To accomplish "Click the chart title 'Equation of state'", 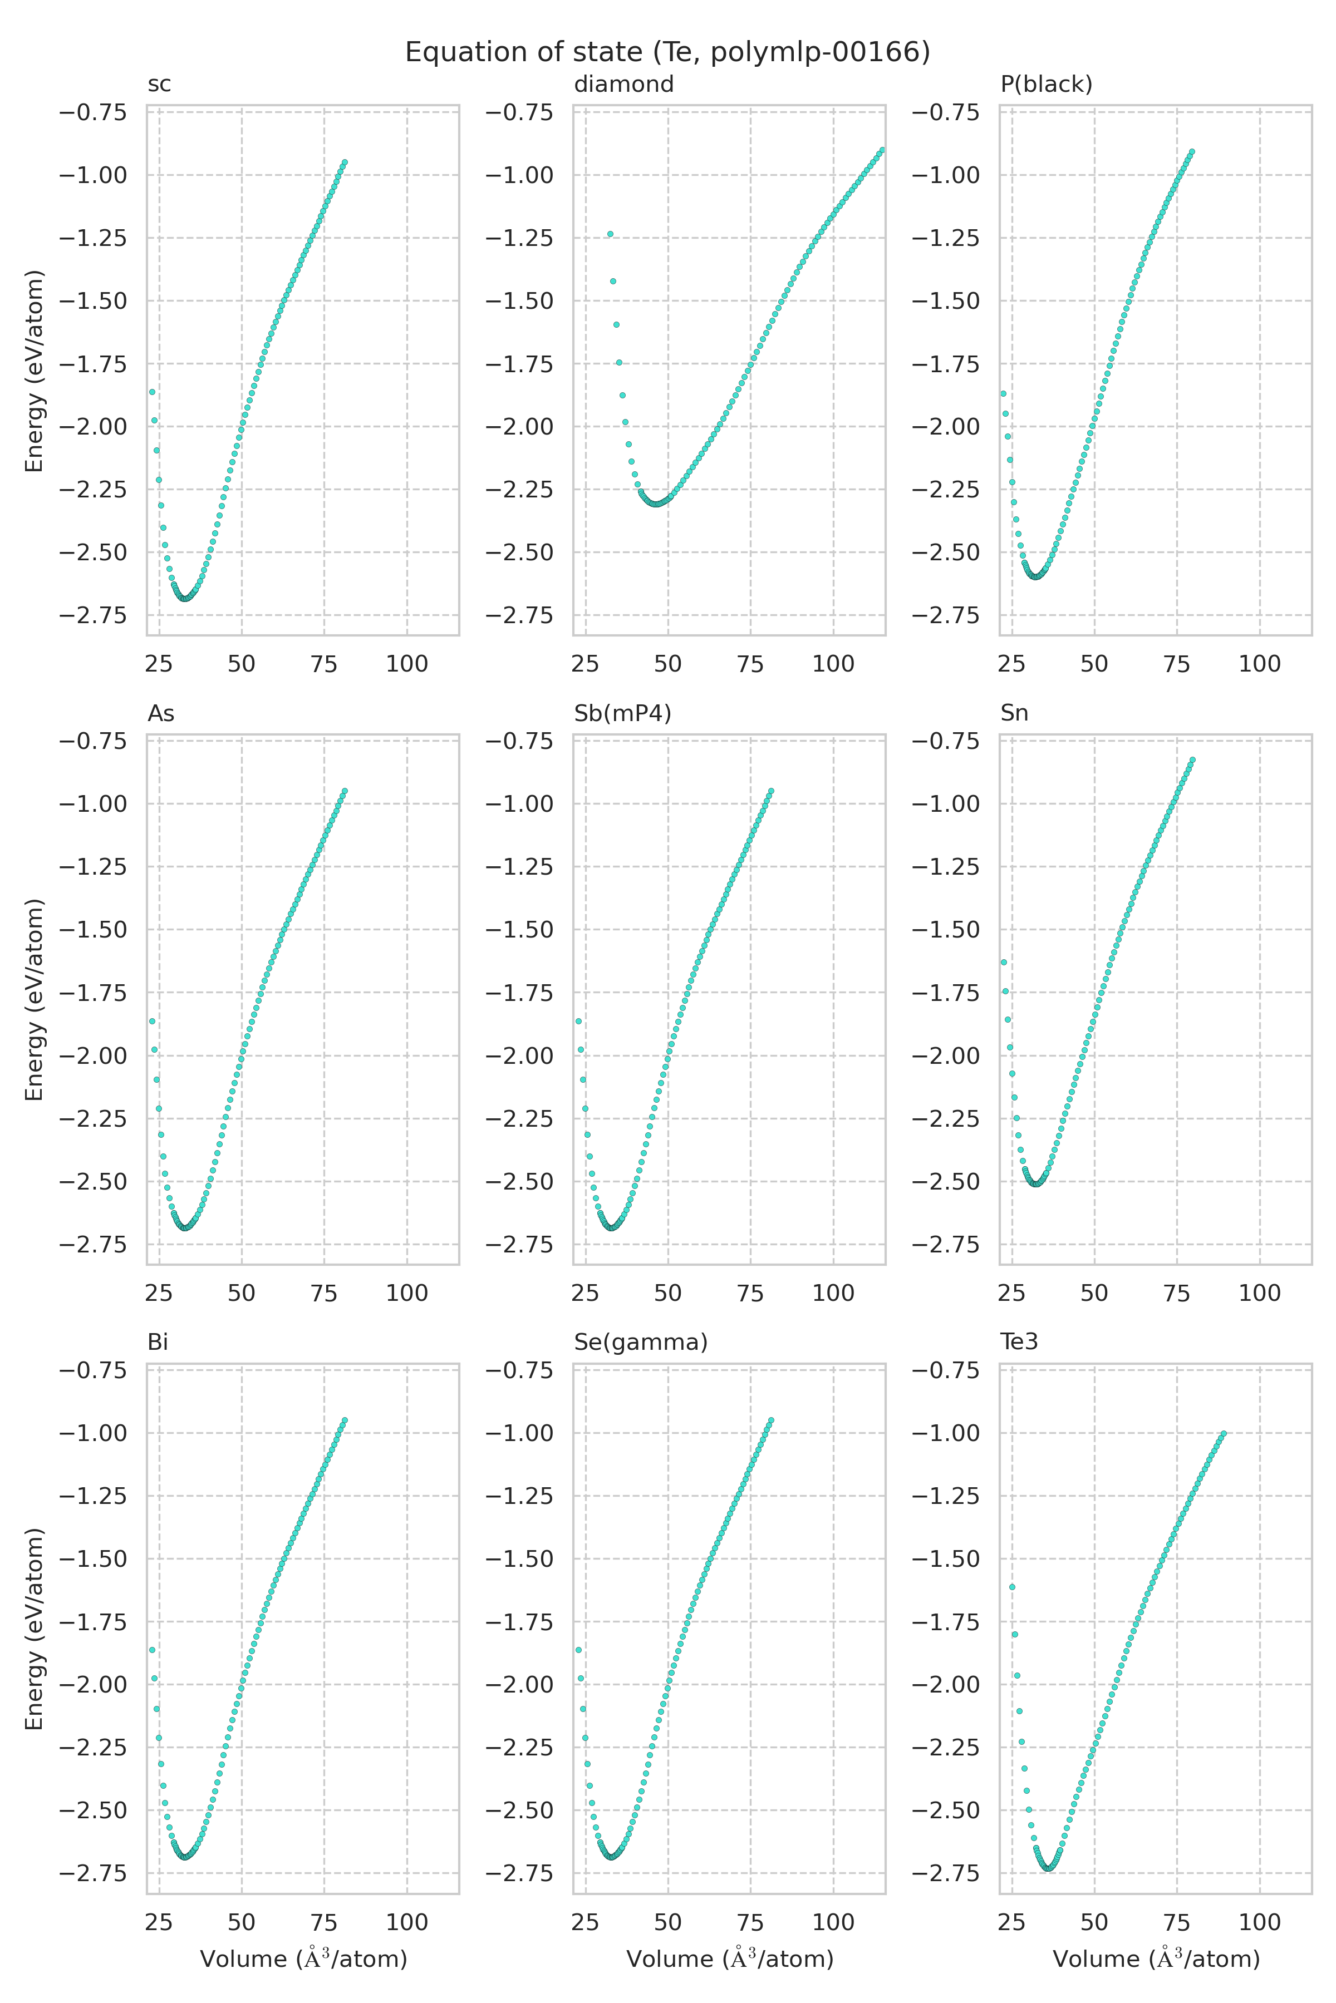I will coord(667,53).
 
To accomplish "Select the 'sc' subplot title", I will coord(159,85).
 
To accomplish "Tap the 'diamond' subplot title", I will coord(623,85).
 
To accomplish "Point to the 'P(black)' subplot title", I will coord(1047,85).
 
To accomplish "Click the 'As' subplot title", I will coord(161,714).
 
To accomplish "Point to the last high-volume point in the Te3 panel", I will coord(1224,1433).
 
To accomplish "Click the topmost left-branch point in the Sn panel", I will coord(1004,963).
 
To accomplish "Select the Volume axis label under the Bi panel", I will coord(303,1958).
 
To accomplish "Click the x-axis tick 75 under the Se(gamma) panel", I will coord(750,1922).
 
